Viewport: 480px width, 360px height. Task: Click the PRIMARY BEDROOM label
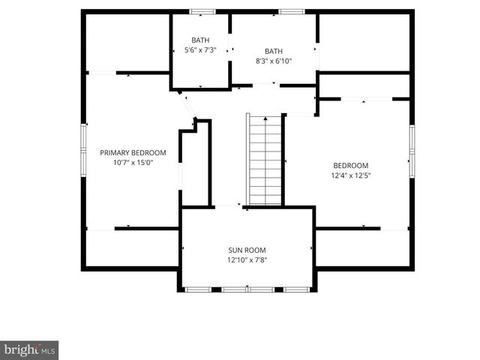(x=133, y=152)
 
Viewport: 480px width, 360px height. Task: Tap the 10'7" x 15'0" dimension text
(x=133, y=162)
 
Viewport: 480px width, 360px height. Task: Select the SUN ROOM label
(x=247, y=250)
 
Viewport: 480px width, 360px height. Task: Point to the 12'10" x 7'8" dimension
(x=247, y=260)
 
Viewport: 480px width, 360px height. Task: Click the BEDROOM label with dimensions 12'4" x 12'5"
(x=351, y=165)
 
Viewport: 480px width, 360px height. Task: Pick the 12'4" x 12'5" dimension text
(x=351, y=175)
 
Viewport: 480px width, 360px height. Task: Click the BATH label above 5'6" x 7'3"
(x=200, y=40)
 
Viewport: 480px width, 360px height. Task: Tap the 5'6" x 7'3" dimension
(x=200, y=50)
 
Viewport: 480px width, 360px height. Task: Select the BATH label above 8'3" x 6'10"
(x=274, y=51)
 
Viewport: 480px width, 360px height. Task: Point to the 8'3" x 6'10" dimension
(x=274, y=61)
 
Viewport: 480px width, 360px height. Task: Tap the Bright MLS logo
(x=29, y=349)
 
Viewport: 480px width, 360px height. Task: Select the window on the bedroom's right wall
(x=412, y=150)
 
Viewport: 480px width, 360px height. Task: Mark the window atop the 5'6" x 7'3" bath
(x=202, y=11)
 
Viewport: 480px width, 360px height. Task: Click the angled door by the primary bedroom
(x=188, y=105)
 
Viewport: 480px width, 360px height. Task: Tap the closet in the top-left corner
(x=126, y=42)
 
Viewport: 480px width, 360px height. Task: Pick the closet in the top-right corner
(x=364, y=42)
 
